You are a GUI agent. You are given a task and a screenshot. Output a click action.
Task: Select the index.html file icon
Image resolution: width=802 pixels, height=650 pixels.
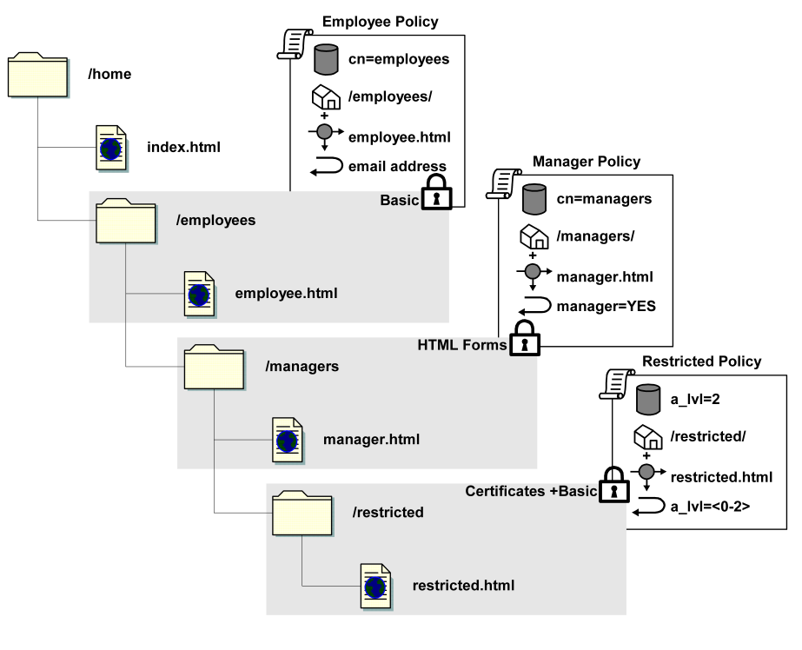pos(110,146)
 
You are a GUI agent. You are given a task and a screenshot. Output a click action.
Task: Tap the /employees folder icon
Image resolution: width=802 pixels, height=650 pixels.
pos(125,221)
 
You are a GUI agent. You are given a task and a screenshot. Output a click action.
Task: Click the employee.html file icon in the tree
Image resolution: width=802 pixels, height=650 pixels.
pos(199,293)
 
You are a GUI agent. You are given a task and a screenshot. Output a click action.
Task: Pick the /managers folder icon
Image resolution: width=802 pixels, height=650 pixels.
pos(214,367)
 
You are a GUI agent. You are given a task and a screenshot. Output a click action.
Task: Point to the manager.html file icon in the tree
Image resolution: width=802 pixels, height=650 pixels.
pos(287,439)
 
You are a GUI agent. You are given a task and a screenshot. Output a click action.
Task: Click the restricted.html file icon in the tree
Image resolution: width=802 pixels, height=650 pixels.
pos(375,585)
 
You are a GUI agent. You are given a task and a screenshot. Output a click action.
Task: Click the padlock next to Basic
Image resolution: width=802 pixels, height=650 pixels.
pos(437,193)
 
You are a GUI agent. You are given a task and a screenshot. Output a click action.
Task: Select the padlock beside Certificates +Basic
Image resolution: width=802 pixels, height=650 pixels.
pos(613,485)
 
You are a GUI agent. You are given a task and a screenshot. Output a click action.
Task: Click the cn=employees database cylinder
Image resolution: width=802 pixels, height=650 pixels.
pos(325,59)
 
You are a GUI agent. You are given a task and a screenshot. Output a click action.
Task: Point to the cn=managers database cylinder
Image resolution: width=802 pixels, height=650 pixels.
pos(534,198)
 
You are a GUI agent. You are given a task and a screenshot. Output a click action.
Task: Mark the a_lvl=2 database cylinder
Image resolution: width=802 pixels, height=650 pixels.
pos(648,399)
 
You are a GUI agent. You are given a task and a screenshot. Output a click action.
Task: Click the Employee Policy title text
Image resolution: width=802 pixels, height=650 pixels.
pos(380,22)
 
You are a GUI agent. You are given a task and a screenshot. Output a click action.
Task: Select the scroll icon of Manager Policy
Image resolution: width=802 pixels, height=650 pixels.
pos(500,183)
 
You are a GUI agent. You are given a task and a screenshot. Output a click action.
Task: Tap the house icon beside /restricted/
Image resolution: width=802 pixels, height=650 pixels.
pos(646,436)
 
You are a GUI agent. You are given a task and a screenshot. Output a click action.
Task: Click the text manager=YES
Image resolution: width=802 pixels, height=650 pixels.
pos(606,305)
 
